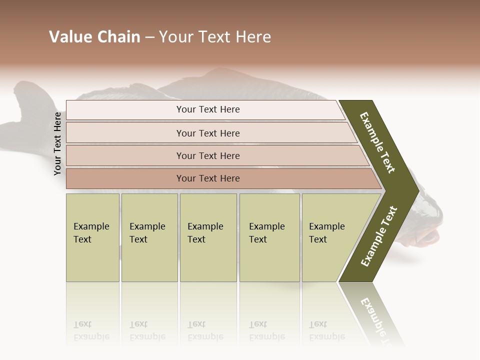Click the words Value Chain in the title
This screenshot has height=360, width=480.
94,37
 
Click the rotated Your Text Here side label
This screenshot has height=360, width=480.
57,143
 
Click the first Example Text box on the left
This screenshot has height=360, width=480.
92,237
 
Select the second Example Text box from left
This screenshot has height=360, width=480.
149,237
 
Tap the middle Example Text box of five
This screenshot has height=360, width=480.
208,237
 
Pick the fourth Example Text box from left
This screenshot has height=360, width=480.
269,237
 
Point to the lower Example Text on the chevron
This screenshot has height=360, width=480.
379,236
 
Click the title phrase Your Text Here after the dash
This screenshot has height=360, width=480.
215,37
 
